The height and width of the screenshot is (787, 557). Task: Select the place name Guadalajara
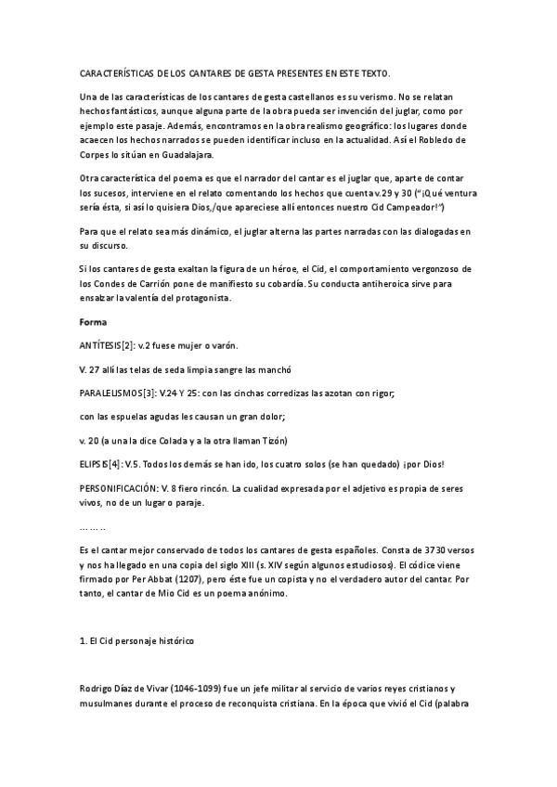coord(187,154)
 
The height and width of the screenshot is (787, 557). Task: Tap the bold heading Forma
coord(95,322)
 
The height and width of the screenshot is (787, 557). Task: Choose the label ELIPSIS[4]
coord(99,463)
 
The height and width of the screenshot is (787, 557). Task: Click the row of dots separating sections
coord(94,526)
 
